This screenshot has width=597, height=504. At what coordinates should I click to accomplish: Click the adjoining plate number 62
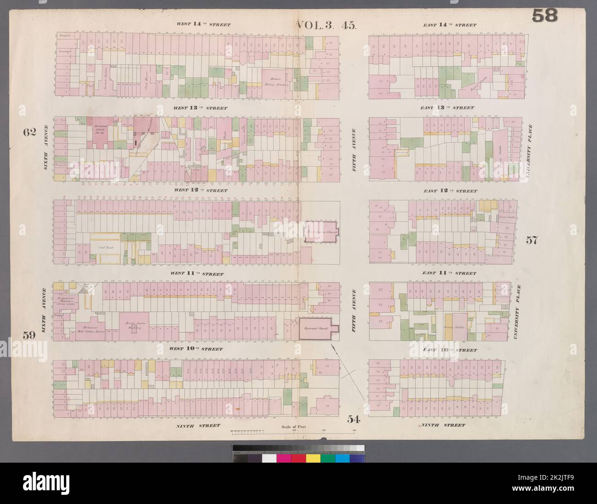coord(29,132)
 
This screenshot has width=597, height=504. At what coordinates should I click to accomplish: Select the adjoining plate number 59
coord(29,335)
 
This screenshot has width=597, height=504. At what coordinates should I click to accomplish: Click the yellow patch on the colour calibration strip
coord(313,459)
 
